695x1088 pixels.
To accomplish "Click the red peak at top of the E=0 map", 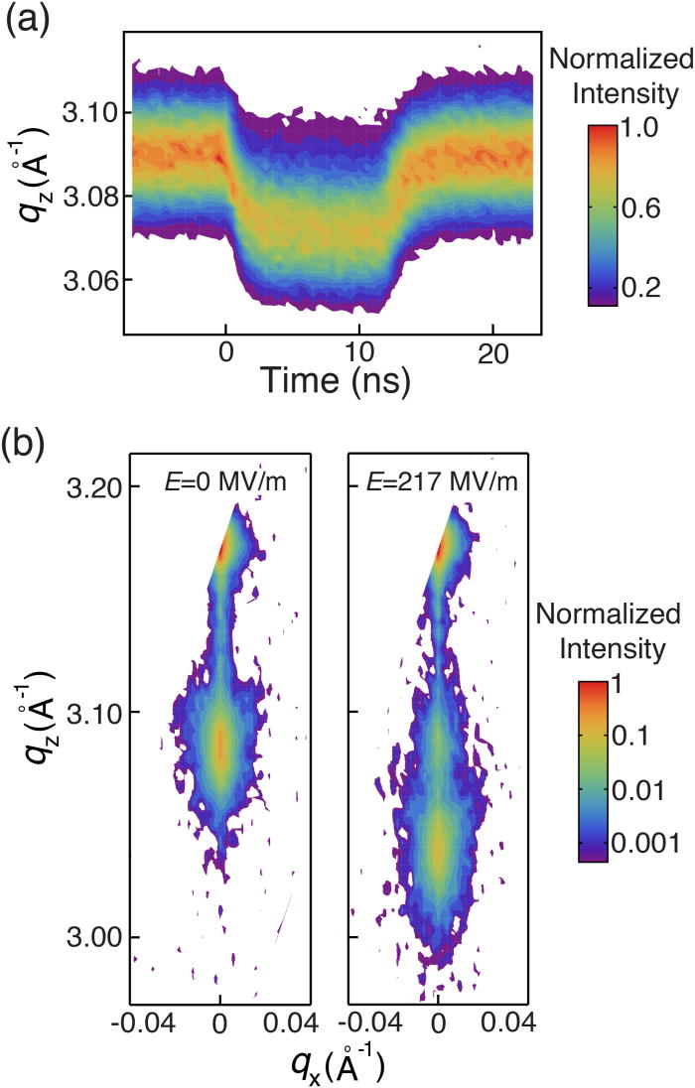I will pos(224,545).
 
